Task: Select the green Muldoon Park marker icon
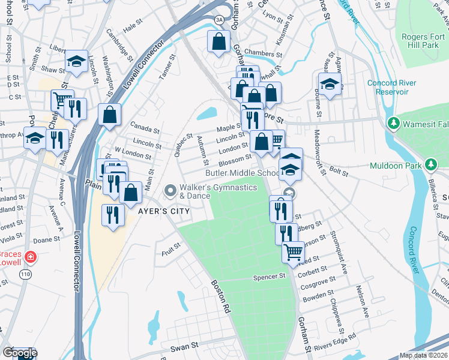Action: coord(431,164)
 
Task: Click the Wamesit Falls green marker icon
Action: coord(394,123)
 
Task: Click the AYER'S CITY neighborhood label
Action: coord(164,211)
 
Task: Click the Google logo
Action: coord(19,353)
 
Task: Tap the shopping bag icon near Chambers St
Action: coord(218,41)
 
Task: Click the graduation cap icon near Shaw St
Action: coord(77,61)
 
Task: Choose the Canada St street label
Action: coord(145,130)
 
